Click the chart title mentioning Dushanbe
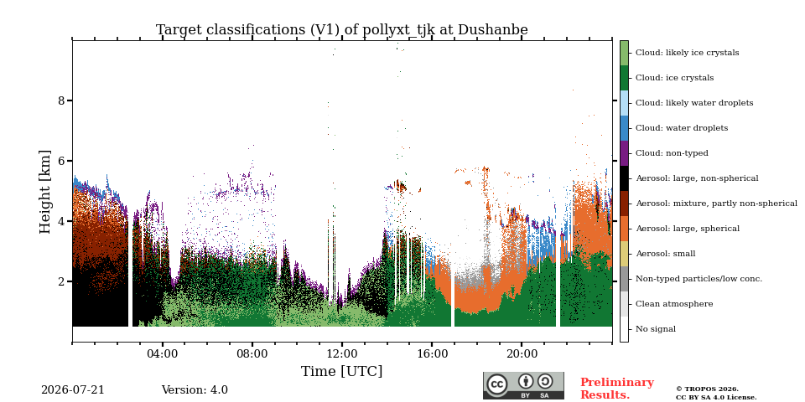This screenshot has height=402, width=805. coord(342,30)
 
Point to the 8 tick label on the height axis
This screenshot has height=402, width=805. coord(62,100)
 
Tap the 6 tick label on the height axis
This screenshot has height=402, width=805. coord(62,161)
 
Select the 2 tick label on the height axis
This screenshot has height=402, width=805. coord(62,281)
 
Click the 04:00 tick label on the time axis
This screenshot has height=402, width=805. coord(162,353)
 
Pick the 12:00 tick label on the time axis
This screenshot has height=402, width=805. coord(342,353)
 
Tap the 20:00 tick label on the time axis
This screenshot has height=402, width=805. coord(522,353)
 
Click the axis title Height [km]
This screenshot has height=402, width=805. coord(45,192)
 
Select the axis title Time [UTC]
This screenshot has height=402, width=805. coord(342,371)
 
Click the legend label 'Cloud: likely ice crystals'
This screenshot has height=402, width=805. coord(687,53)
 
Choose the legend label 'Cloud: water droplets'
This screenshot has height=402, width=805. coord(681,128)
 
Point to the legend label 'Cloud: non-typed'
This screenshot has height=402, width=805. coord(672,153)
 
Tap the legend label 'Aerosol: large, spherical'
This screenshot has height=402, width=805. coord(688,229)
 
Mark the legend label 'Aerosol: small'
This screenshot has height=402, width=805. coord(665,254)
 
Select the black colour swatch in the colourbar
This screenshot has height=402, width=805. coord(624,178)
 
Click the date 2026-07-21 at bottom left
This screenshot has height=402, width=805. coord(72,390)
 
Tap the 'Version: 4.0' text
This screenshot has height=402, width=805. coord(195,390)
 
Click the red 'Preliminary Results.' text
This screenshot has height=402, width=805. coord(617,389)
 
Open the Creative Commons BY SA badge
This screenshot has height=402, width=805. coord(523,385)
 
